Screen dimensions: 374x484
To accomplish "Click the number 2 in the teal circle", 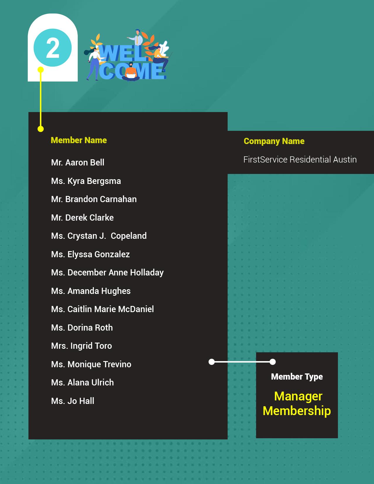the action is pyautogui.click(x=53, y=48).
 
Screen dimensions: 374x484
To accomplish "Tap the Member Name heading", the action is pyautogui.click(x=79, y=140).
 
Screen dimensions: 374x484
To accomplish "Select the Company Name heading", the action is pyautogui.click(x=274, y=141).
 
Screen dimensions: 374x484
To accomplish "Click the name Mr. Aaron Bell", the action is pyautogui.click(x=77, y=163).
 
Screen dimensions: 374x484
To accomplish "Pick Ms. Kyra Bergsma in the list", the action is pyautogui.click(x=86, y=181).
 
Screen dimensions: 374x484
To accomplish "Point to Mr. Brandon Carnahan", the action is pyautogui.click(x=94, y=199).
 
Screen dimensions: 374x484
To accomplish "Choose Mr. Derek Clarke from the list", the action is pyautogui.click(x=82, y=218).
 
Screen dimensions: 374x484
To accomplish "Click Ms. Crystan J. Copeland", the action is pyautogui.click(x=99, y=236).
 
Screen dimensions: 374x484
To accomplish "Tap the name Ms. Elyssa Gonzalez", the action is pyautogui.click(x=90, y=254).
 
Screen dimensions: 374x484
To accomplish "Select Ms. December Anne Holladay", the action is pyautogui.click(x=107, y=273).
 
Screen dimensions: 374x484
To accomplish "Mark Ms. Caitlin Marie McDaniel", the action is pyautogui.click(x=102, y=309).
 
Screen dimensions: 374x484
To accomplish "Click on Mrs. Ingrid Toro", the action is pyautogui.click(x=82, y=346).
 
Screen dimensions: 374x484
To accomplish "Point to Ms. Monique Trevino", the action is pyautogui.click(x=91, y=364).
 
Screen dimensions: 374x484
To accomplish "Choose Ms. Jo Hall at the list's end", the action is pyautogui.click(x=73, y=401).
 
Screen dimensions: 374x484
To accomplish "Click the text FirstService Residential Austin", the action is pyautogui.click(x=300, y=160).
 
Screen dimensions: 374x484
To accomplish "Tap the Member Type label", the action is pyautogui.click(x=297, y=377).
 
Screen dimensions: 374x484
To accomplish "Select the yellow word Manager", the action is pyautogui.click(x=298, y=396).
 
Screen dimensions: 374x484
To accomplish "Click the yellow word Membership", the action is pyautogui.click(x=297, y=411).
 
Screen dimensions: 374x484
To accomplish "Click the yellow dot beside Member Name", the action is pyautogui.click(x=41, y=129).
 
